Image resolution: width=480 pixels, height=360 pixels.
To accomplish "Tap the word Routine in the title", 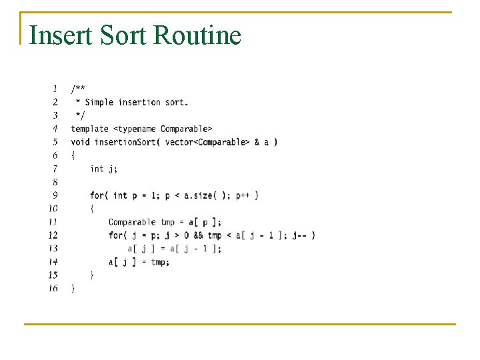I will click(x=197, y=35).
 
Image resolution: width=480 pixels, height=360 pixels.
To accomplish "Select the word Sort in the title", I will click(x=124, y=35).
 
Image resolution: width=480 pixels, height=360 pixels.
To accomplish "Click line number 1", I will click(x=54, y=88).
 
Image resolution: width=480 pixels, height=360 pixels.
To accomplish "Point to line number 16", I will click(x=53, y=288).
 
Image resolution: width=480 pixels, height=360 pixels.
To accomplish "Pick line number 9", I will click(x=54, y=195).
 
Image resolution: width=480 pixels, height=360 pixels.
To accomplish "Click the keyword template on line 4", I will click(x=89, y=128).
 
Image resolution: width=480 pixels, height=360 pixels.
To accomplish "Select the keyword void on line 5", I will click(x=80, y=141).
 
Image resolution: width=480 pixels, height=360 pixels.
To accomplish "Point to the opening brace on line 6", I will click(x=73, y=155).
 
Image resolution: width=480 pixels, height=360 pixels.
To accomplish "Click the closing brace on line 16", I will click(x=73, y=288).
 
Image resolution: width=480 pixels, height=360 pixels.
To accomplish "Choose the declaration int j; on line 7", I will click(x=103, y=168).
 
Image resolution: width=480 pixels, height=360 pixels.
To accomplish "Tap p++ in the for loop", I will click(x=243, y=195).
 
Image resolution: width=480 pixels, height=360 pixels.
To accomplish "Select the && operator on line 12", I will click(x=197, y=235).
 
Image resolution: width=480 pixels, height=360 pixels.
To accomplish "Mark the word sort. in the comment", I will click(x=176, y=102).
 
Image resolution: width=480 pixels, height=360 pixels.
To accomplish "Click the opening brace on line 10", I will click(x=92, y=208).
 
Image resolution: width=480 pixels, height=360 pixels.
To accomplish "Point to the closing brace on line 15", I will click(x=92, y=275).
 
